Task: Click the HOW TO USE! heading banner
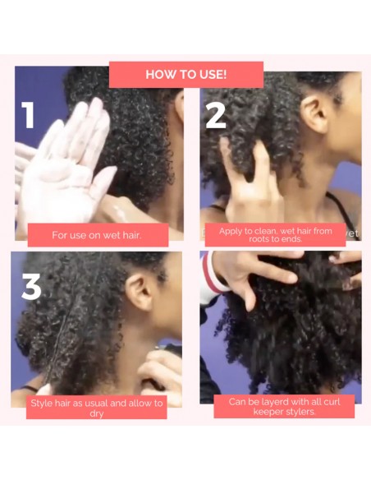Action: pyautogui.click(x=186, y=74)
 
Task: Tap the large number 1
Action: pyautogui.click(x=29, y=115)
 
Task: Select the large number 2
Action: pyautogui.click(x=215, y=116)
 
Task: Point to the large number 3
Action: pyautogui.click(x=31, y=286)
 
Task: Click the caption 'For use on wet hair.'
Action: pyautogui.click(x=97, y=235)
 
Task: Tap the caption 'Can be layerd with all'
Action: pyautogui.click(x=284, y=406)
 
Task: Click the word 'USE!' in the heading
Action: pyautogui.click(x=210, y=74)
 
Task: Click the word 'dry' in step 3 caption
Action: pyautogui.click(x=97, y=413)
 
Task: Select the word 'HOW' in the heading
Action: pyautogui.click(x=158, y=74)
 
